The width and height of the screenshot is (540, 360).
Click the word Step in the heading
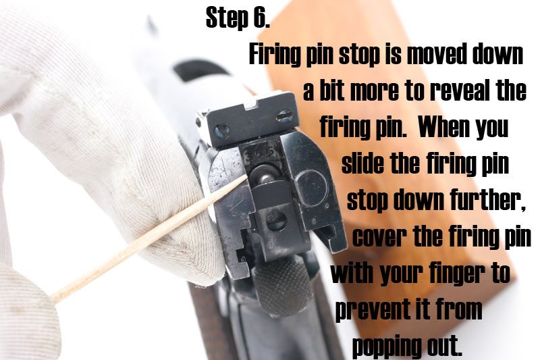(x=227, y=18)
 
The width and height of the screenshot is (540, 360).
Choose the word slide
(x=362, y=163)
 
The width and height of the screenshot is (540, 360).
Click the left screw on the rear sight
(x=222, y=131)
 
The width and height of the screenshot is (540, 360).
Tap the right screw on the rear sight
(x=284, y=115)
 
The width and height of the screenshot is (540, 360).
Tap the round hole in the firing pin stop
(x=277, y=221)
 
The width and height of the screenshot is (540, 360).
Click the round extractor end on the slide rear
(x=312, y=187)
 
